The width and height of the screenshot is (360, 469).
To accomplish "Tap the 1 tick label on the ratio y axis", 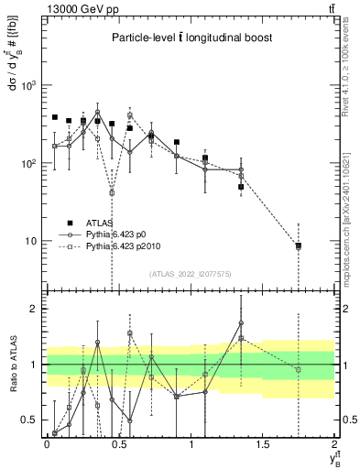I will (x=35, y=365).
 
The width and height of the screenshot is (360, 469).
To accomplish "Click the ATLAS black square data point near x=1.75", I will (x=299, y=245).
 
